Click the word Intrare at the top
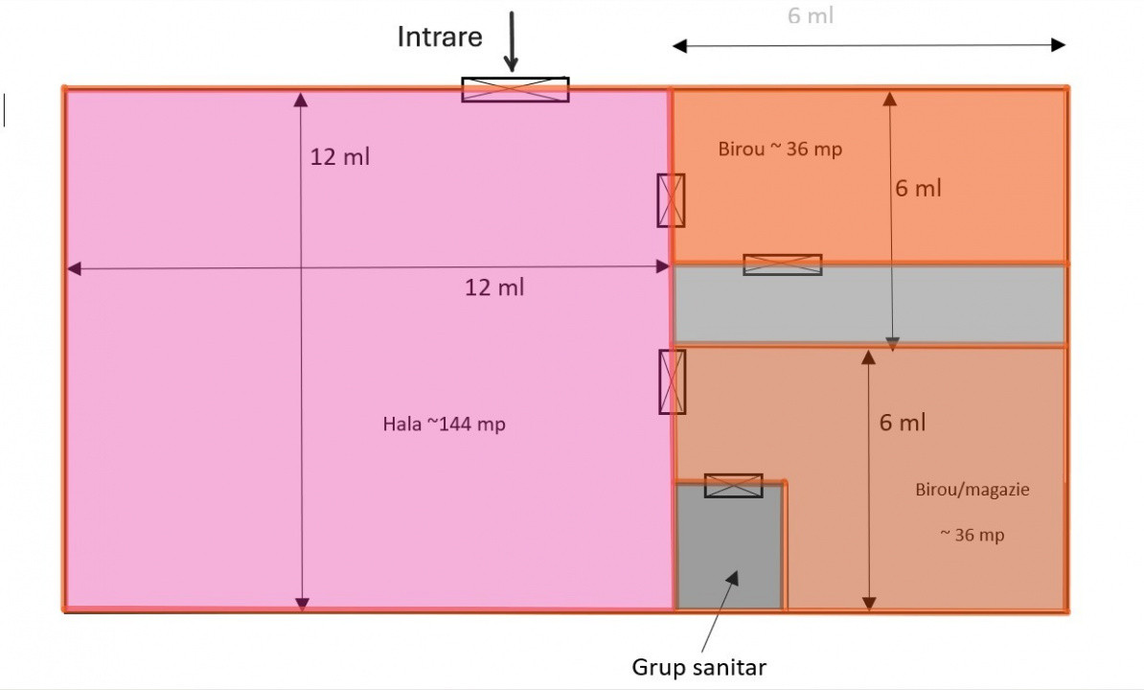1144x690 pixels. tap(440, 37)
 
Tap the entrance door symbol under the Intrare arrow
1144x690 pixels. tap(515, 89)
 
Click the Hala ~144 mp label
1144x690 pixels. tap(444, 424)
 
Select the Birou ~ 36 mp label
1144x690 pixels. tap(780, 149)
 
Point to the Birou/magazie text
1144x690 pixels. tap(972, 489)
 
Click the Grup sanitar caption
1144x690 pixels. tap(699, 667)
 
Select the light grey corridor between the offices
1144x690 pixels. tap(869, 304)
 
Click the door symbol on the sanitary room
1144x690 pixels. tap(733, 486)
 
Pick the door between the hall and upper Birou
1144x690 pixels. tap(671, 200)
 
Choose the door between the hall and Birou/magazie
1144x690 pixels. tap(672, 381)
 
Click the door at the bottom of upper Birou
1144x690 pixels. tap(782, 264)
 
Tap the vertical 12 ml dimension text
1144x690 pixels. tap(339, 157)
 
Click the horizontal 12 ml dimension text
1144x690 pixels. tap(494, 287)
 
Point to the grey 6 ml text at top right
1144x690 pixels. tap(811, 15)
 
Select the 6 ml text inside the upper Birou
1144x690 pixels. tap(918, 189)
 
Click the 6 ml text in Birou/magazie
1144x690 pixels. tap(903, 423)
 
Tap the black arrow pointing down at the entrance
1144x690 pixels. tap(511, 42)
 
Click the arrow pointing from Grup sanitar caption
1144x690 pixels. tap(721, 610)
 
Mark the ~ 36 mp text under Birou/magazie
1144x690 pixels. tap(972, 535)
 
